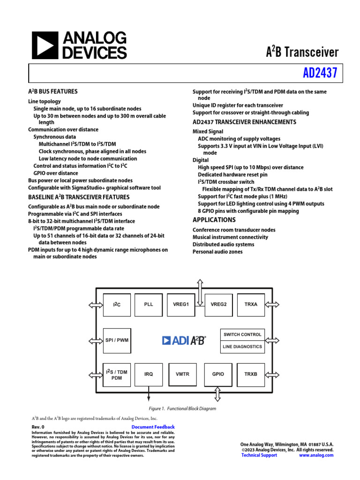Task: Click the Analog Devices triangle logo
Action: click(45, 45)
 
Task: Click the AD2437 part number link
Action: click(320, 74)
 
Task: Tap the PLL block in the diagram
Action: click(149, 304)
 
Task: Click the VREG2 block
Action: click(218, 304)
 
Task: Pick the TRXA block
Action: click(251, 304)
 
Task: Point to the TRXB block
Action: click(251, 374)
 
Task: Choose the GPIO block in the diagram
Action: click(218, 374)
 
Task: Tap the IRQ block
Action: click(149, 374)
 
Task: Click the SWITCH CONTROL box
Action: click(242, 334)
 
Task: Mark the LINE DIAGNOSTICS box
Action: click(242, 347)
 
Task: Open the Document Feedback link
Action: click(153, 427)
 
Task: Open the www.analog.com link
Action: click(316, 455)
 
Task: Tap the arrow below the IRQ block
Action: click(149, 393)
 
